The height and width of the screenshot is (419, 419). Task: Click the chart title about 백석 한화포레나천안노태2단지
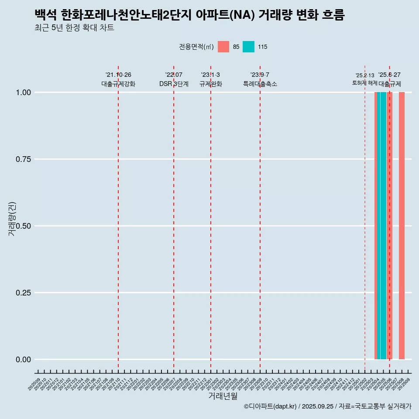click(189, 15)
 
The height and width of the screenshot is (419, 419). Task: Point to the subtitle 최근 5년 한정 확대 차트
click(74, 28)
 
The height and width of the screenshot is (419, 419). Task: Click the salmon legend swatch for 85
click(223, 47)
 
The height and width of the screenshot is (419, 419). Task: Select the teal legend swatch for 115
click(248, 47)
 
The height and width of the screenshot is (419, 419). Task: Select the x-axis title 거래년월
click(223, 396)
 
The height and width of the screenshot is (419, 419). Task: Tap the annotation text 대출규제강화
click(118, 84)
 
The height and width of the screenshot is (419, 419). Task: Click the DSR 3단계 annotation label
click(174, 84)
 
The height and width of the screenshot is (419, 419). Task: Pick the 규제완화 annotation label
click(211, 84)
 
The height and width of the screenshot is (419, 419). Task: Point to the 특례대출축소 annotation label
click(260, 84)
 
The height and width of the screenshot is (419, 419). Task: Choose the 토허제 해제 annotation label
click(365, 83)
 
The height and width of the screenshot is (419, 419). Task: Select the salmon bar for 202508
click(402, 226)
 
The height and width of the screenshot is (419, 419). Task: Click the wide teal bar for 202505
click(383, 226)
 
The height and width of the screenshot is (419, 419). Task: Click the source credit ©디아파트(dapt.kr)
click(270, 407)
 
